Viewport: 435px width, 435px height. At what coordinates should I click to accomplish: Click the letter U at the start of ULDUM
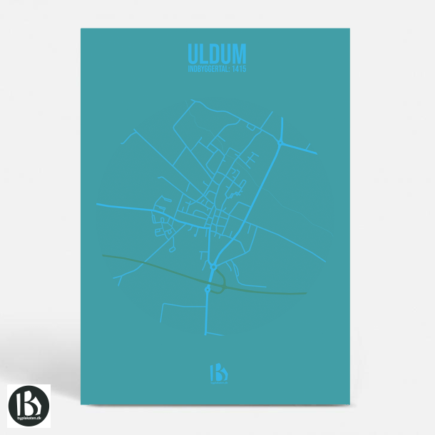point(193,53)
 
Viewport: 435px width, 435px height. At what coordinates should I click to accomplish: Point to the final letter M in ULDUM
point(240,53)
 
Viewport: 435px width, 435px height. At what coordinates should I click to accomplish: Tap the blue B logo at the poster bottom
point(216,372)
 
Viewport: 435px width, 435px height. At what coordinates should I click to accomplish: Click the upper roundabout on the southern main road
point(213,267)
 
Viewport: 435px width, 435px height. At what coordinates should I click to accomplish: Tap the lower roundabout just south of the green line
point(208,290)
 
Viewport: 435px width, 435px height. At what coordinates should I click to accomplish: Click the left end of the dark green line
point(103,255)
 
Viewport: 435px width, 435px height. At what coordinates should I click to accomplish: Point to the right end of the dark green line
point(305,293)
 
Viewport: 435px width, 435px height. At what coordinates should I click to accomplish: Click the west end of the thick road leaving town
point(97,204)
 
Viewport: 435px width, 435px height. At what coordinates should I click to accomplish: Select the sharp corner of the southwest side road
point(163,304)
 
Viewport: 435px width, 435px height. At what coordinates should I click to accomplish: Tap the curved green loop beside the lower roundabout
point(224,284)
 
